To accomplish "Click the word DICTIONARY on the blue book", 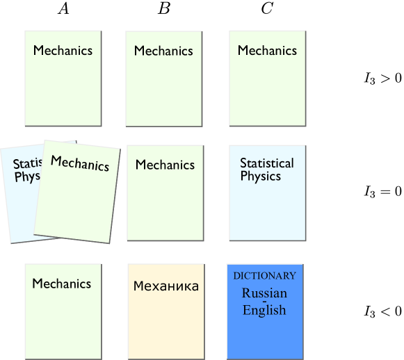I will [x=264, y=276].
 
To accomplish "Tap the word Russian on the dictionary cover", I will [x=264, y=293].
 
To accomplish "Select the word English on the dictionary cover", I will [x=264, y=310].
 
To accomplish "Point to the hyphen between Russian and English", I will [x=264, y=301].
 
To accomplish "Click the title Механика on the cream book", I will [x=165, y=286].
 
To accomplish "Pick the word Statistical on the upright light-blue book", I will [x=267, y=163].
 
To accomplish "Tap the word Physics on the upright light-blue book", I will [x=260, y=177].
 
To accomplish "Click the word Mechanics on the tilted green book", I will [x=79, y=163].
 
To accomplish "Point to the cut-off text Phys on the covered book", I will [x=27, y=177].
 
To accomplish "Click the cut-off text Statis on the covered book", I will [x=27, y=164].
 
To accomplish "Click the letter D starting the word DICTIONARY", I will [x=236, y=276].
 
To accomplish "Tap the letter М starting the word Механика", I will [x=138, y=286].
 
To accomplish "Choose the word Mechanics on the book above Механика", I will [x=165, y=165].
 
